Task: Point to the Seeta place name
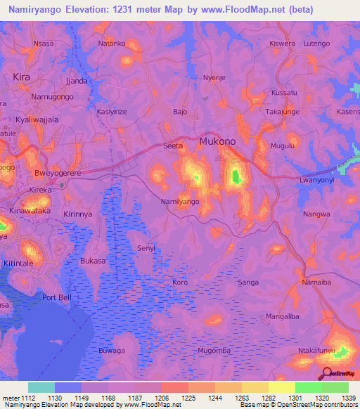[x=173, y=145]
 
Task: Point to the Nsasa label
[x=44, y=43]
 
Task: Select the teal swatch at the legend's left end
[x=41, y=387]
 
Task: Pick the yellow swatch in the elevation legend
[x=281, y=387]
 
